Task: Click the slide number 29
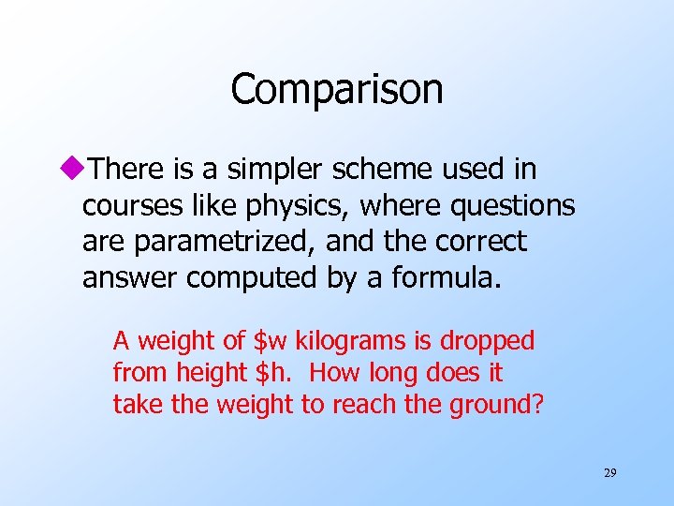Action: (609, 473)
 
